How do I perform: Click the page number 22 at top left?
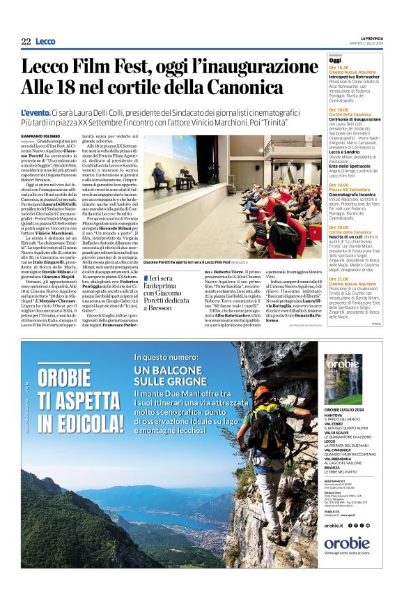tap(26, 42)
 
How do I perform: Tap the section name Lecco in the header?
tap(45, 42)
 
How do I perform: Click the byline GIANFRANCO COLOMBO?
tap(37, 136)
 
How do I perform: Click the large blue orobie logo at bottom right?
tap(346, 542)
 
